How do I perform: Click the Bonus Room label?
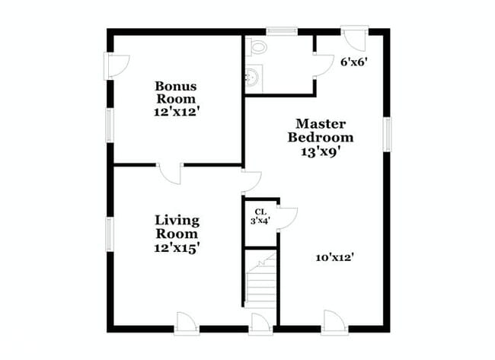tap(176, 92)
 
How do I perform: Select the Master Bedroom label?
tap(321, 130)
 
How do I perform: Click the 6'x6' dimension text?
tap(354, 62)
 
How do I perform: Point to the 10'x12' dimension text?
tap(335, 257)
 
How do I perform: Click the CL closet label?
tap(260, 212)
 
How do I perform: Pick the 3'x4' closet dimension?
tap(260, 221)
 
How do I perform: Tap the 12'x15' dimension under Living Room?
tap(177, 247)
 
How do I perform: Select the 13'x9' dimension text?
tap(321, 151)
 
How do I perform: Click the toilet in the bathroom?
tap(257, 47)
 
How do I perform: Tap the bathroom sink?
tap(252, 77)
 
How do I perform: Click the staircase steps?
tap(260, 285)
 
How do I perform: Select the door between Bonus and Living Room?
tap(171, 172)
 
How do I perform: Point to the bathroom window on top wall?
tap(281, 31)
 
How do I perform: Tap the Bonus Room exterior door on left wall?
tap(115, 65)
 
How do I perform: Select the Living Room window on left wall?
tap(110, 234)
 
